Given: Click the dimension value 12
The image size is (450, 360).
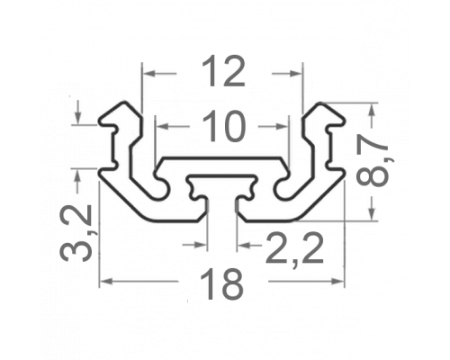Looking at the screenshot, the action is click(x=224, y=71).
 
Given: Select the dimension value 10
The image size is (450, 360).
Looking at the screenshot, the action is click(x=224, y=126).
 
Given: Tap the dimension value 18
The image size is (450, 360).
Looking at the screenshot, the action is click(x=221, y=283).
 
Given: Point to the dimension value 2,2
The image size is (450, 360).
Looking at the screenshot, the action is click(x=294, y=248).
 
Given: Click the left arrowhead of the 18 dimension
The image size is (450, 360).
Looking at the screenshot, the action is click(x=106, y=282).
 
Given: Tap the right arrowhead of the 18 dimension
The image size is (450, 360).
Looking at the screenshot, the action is click(x=337, y=282).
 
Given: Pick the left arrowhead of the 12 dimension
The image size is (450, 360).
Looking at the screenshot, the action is click(x=149, y=73).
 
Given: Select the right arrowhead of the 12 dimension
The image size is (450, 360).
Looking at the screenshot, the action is click(x=295, y=73).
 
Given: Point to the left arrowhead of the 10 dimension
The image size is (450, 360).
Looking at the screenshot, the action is click(x=163, y=127).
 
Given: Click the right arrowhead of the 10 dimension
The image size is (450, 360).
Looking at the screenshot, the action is click(x=282, y=127).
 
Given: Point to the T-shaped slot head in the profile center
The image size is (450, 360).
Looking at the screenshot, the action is click(x=222, y=186).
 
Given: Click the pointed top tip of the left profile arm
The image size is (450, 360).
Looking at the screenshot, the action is click(x=123, y=103).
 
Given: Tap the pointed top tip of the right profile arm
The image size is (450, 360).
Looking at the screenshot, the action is click(x=320, y=103).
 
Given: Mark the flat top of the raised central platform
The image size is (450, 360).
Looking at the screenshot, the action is click(x=222, y=157).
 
